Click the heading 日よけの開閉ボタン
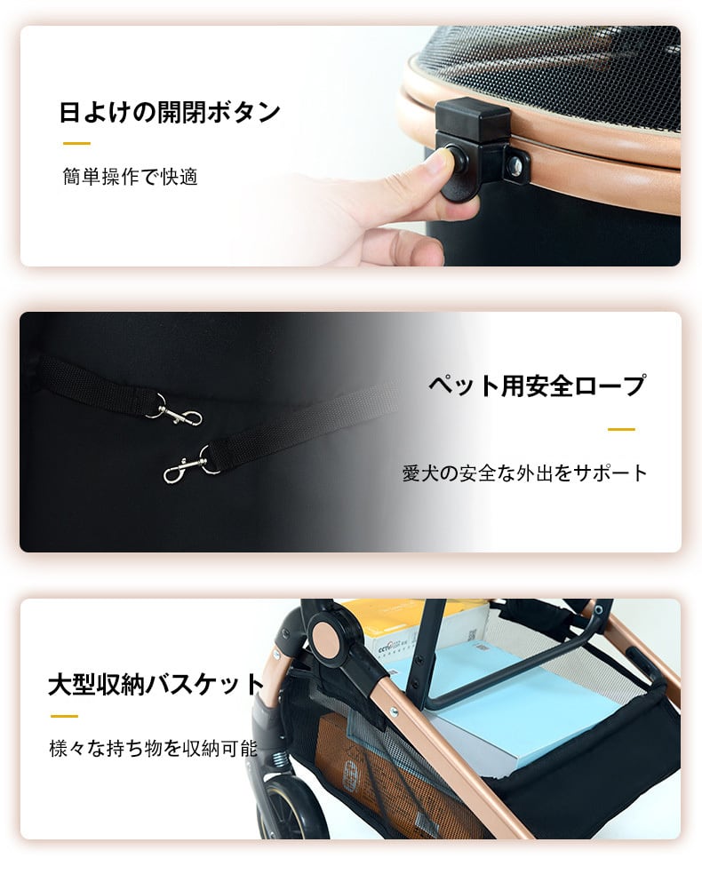[x=170, y=112]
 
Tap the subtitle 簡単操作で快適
[x=130, y=177]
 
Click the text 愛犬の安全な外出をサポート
[x=525, y=473]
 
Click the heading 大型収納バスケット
[x=156, y=685]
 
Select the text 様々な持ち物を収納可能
[x=154, y=748]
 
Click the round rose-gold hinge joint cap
[x=327, y=636]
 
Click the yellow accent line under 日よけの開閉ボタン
[x=76, y=143]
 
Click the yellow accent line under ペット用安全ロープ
[x=621, y=430]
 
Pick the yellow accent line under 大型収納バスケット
[x=64, y=716]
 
